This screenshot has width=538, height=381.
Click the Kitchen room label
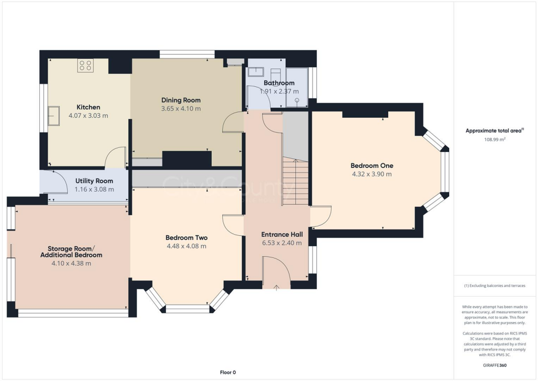pos(88,107)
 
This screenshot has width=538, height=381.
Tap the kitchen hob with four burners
pos(85,66)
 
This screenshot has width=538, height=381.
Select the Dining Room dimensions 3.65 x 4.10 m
pos(181,109)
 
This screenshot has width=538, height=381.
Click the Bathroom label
pos(279,83)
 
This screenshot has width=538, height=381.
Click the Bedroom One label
pos(371,165)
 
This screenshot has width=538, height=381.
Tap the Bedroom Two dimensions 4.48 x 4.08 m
pos(187,246)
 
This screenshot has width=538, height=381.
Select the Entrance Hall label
pos(282,234)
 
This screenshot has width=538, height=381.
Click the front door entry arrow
pos(277,286)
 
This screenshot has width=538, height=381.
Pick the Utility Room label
pos(94,181)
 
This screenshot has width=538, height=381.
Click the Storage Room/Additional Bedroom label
pos(71,252)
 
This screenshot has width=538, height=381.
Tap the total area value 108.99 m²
pos(494,140)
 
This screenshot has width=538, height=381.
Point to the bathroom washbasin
pos(256,72)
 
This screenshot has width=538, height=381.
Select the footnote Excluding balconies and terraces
pos(494,286)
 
